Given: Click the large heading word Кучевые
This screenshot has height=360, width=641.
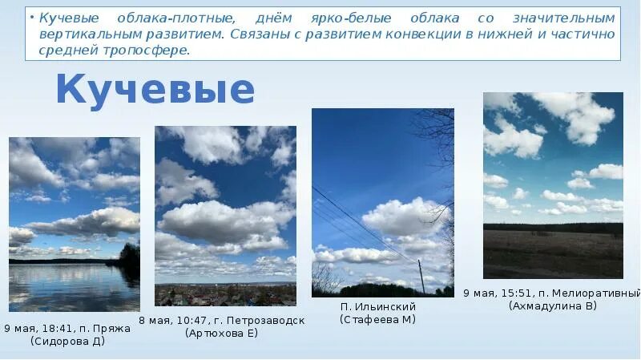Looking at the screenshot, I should point(155,90).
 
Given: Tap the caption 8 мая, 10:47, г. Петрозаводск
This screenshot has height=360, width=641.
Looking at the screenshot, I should point(222,320).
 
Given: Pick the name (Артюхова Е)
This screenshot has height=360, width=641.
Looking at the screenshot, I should point(222,333).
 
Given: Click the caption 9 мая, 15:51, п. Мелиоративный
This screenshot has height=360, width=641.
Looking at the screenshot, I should point(552,293).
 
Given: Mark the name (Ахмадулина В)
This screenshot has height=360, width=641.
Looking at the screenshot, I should point(552,305).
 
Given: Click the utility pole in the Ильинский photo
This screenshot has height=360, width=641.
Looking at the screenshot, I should point(421,277).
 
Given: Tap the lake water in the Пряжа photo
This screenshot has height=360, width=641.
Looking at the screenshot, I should point(72,289).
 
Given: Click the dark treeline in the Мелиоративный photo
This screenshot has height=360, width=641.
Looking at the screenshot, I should point(553,228).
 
